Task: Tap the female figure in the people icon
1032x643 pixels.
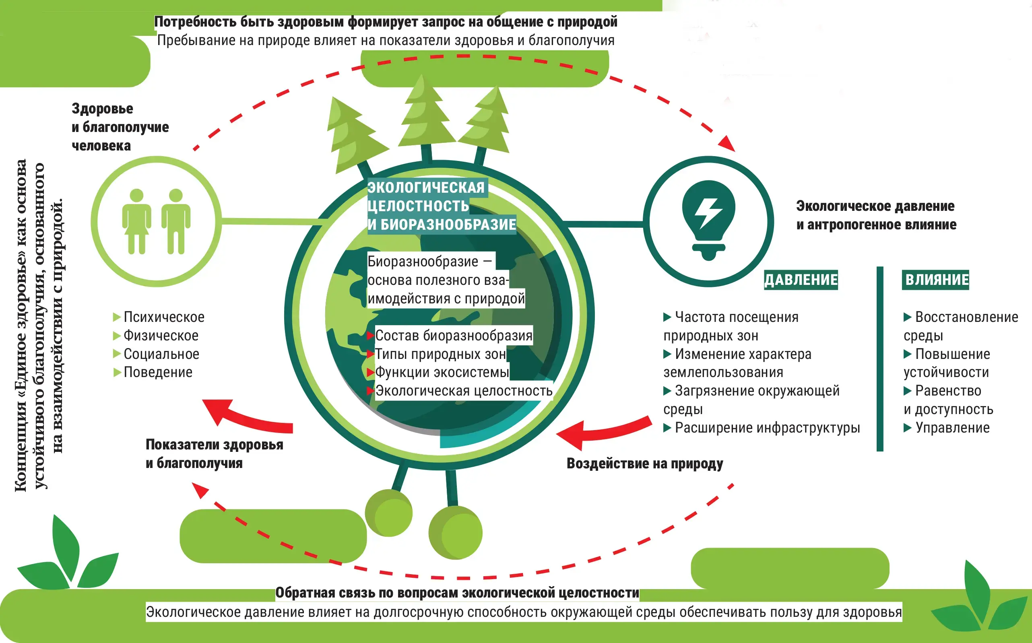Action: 136,221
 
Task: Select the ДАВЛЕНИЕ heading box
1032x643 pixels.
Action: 801,280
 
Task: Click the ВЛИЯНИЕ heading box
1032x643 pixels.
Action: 935,280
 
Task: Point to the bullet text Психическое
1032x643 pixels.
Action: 164,317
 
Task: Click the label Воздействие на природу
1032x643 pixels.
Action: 644,464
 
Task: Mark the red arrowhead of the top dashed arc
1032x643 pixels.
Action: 727,143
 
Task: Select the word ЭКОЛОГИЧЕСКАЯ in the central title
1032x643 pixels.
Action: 426,188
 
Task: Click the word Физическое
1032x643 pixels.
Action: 161,336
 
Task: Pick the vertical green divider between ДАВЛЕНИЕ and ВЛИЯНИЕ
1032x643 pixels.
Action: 880,359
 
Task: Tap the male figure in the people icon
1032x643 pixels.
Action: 175,221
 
